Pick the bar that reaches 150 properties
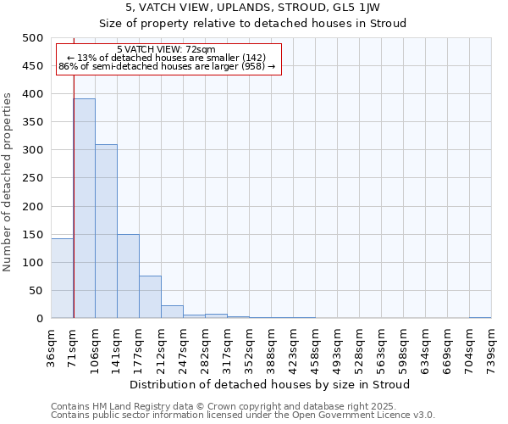[x=128, y=276]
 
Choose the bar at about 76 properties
[x=150, y=297]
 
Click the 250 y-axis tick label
[x=33, y=178]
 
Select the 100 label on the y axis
[x=33, y=263]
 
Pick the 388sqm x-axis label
[x=273, y=346]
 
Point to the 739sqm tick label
[x=493, y=346]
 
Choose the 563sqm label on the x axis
[x=383, y=346]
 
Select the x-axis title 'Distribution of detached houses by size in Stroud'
[x=271, y=384]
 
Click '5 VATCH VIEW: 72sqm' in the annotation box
[x=166, y=49]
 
